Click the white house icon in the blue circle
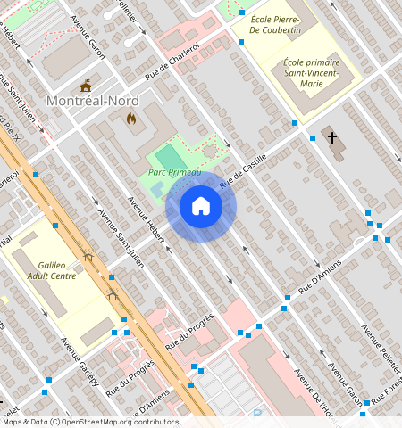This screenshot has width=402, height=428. [201, 206]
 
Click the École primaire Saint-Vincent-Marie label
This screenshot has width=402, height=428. [311, 73]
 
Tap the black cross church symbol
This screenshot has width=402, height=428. [332, 138]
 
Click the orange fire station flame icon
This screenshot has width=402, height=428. [132, 118]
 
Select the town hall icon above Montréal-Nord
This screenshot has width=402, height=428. [86, 86]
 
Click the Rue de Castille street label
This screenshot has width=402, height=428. [245, 168]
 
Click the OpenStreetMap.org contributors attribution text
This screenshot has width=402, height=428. [121, 422]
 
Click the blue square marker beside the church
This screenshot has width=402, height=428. [313, 138]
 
